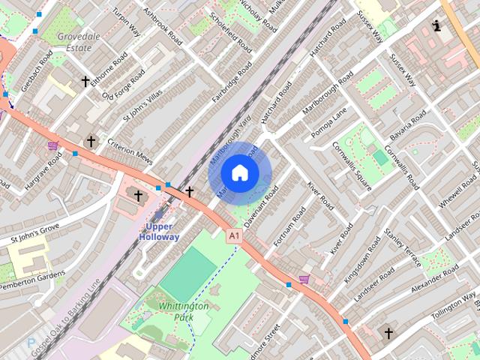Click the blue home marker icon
(x=239, y=172)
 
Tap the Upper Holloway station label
(x=159, y=231)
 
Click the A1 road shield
(x=235, y=235)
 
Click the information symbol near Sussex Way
(x=437, y=26)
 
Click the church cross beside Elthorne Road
(x=85, y=80)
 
